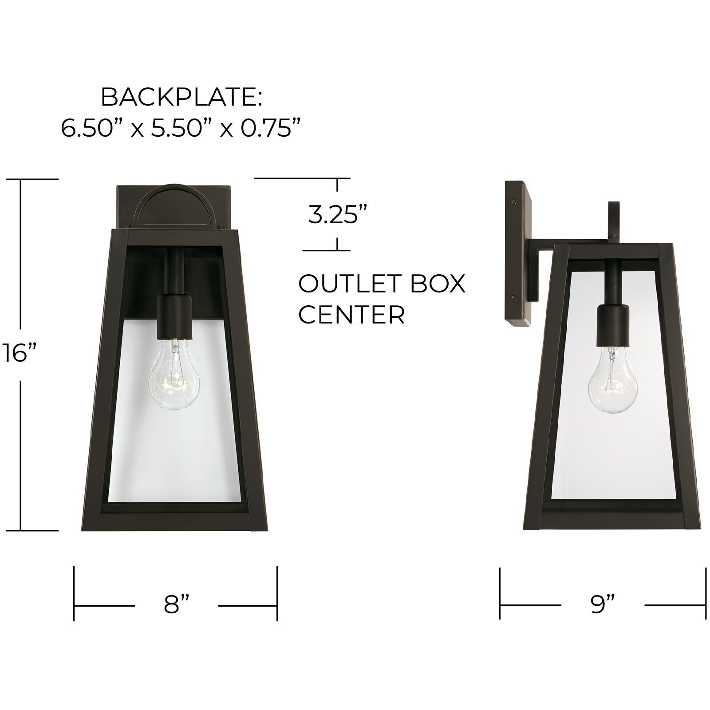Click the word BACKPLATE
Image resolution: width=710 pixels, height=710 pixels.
pyautogui.click(x=181, y=97)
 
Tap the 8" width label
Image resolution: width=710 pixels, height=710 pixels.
pyautogui.click(x=177, y=604)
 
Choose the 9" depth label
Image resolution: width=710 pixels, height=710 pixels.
pyautogui.click(x=603, y=604)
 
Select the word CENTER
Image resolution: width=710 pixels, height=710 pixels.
pyautogui.click(x=351, y=315)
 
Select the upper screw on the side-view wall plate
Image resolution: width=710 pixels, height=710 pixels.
pyautogui.click(x=515, y=201)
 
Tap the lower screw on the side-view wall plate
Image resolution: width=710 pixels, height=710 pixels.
pyautogui.click(x=515, y=298)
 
